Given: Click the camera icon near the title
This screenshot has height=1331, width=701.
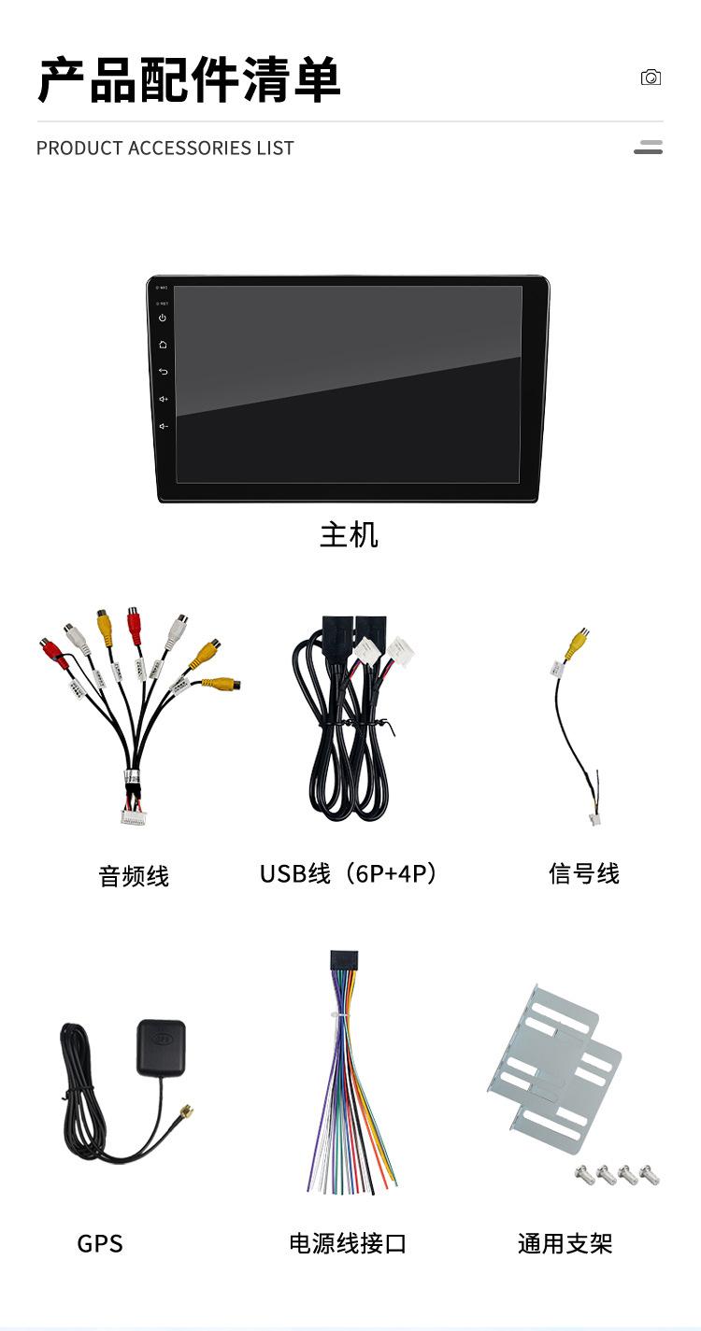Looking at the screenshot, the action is pos(651,78).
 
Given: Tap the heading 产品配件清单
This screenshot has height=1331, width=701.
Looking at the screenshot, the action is pos(189,79).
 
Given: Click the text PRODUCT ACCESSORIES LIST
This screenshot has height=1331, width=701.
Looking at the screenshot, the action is pos(165,149).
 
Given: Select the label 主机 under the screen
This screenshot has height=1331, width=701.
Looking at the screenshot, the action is pos(349,535).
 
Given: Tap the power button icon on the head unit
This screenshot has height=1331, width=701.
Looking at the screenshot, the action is pos(163,318).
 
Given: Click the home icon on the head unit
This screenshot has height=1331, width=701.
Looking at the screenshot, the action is pos(163,345).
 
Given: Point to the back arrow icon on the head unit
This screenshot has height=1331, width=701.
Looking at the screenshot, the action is pos(163,372).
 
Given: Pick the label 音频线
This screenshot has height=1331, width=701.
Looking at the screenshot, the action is pos(134,876).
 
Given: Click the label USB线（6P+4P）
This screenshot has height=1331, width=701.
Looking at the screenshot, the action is pos(349,874).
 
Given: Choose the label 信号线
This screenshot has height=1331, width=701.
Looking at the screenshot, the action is pos(584,874).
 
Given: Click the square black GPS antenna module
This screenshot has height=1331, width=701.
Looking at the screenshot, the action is pos(161,1046).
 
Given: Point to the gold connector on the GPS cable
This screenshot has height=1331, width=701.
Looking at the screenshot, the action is pos(187,1112).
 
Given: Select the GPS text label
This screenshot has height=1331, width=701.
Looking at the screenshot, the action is pos(100,1244).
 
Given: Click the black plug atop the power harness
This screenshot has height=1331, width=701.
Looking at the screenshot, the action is pos(343,961).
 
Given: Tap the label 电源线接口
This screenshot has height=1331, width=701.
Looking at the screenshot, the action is pos(348,1244).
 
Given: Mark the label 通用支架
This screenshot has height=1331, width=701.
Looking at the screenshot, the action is pos(565,1244).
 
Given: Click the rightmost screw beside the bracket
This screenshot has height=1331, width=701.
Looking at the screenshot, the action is pos(651,1175).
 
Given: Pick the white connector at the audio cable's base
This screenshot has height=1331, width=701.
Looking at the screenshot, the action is pos(134,816).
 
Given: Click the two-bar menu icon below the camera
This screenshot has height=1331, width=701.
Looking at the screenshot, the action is pos(648,148).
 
